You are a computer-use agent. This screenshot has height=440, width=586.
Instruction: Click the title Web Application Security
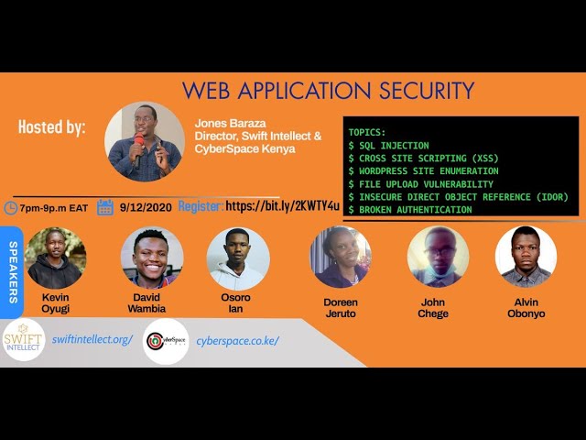click(328, 91)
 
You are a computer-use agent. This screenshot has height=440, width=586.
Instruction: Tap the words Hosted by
click(52, 127)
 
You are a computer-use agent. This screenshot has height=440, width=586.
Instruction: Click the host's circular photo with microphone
click(145, 141)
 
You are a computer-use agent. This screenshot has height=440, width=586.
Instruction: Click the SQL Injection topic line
click(388, 145)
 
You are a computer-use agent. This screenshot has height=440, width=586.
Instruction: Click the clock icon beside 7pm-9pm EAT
click(10, 207)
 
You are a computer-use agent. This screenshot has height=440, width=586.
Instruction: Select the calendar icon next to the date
click(105, 207)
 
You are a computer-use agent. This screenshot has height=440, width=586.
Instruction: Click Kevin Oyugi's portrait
click(56, 258)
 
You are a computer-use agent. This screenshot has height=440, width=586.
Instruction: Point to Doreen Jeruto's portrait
click(341, 258)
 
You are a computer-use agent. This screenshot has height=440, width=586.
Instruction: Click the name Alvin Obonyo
click(526, 307)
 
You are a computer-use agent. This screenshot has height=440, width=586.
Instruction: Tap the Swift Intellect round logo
click(24, 340)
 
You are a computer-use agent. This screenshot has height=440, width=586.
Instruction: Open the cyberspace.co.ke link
click(237, 340)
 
